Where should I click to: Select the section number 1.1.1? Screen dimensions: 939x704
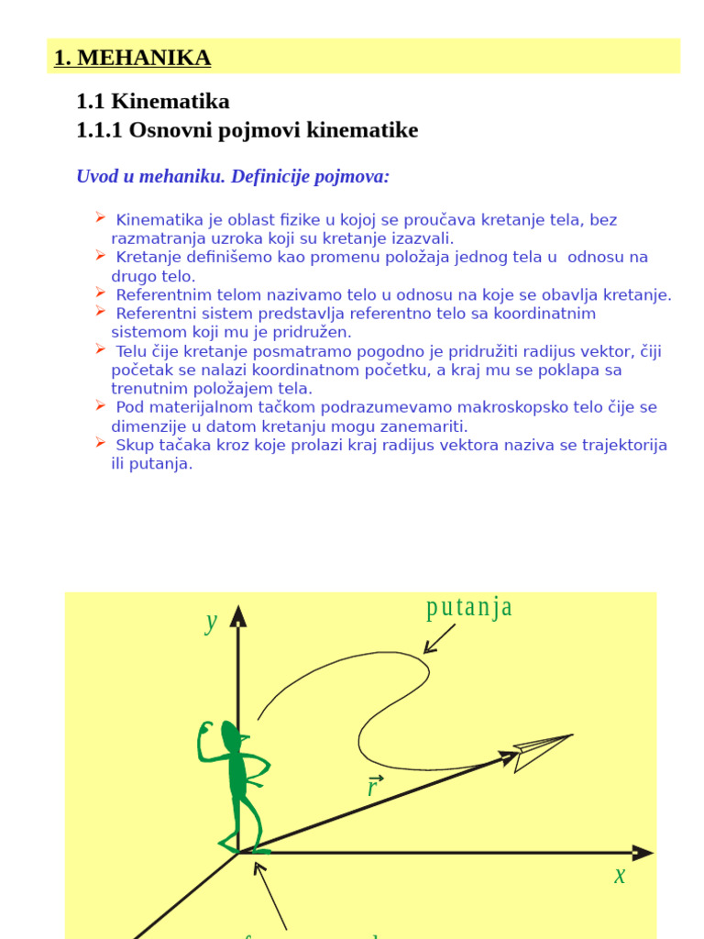(100, 130)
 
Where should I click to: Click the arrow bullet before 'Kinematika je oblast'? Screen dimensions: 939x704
(101, 217)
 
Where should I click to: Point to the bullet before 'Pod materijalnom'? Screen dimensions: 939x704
(101, 404)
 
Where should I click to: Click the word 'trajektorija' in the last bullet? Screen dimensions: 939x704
(621, 446)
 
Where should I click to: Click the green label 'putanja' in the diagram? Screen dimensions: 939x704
(469, 608)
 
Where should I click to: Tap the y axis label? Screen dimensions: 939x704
(212, 622)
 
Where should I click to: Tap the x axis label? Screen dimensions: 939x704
(620, 876)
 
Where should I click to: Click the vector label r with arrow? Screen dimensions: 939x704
(373, 785)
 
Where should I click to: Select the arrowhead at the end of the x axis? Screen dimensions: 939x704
(643, 853)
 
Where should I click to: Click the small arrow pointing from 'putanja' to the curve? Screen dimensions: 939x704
(440, 639)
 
